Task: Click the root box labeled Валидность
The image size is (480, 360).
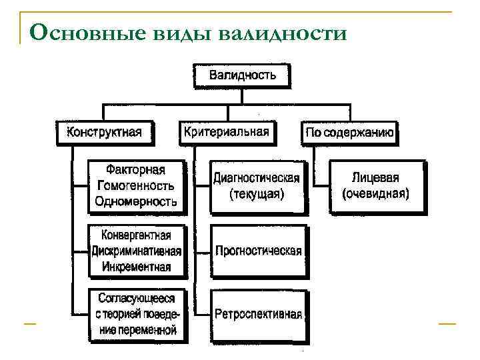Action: pyautogui.click(x=242, y=75)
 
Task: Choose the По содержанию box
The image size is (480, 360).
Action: pyautogui.click(x=350, y=133)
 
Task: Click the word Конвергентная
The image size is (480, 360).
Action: pyautogui.click(x=136, y=235)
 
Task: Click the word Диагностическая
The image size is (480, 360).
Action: pyautogui.click(x=257, y=179)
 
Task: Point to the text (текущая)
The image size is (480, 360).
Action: pyautogui.click(x=257, y=195)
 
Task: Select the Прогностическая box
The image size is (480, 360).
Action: pyautogui.click(x=258, y=251)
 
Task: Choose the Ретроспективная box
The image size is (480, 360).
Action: pyautogui.click(x=258, y=314)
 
